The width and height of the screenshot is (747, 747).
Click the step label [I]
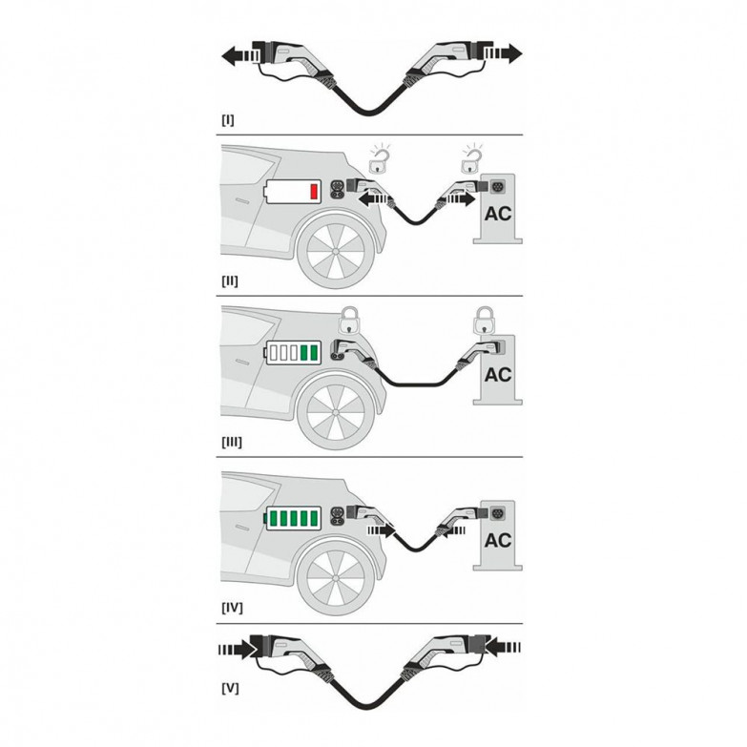tap(226, 122)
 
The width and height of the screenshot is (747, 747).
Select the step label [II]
tap(228, 282)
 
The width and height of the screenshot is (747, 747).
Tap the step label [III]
tap(230, 443)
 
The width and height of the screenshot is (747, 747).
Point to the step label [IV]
tap(230, 605)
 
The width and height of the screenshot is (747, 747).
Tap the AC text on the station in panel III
tap(497, 375)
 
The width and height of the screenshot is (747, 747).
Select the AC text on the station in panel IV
tap(497, 540)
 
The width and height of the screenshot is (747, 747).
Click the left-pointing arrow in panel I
tap(233, 55)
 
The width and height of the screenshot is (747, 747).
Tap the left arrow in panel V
tap(235, 649)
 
